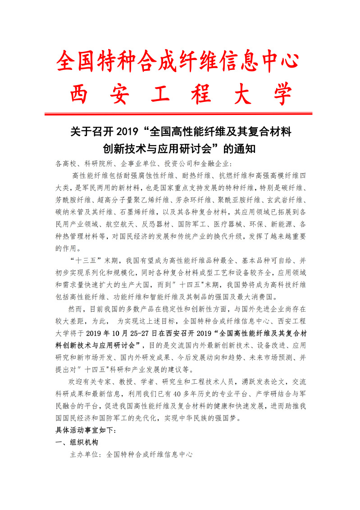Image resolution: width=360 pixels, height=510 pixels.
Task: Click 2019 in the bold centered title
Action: pos(128,133)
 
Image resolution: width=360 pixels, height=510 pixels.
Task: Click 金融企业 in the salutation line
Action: pos(212,163)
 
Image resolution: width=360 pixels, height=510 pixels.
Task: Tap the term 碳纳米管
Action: pos(71,211)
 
